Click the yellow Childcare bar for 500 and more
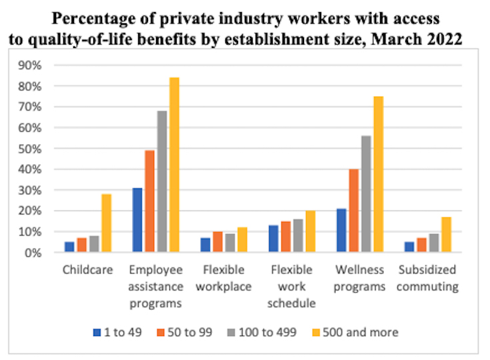click(x=107, y=223)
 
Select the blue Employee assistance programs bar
click(x=137, y=220)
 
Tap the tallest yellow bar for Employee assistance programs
click(x=174, y=165)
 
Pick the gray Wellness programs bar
click(x=365, y=194)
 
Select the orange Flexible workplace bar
click(x=217, y=242)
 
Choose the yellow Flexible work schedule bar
click(x=311, y=231)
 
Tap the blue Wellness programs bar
click(x=341, y=231)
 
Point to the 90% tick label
click(x=31, y=65)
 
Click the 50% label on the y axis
click(x=31, y=149)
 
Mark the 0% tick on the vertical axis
click(x=33, y=253)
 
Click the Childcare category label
click(x=87, y=271)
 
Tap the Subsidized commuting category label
click(x=427, y=279)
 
